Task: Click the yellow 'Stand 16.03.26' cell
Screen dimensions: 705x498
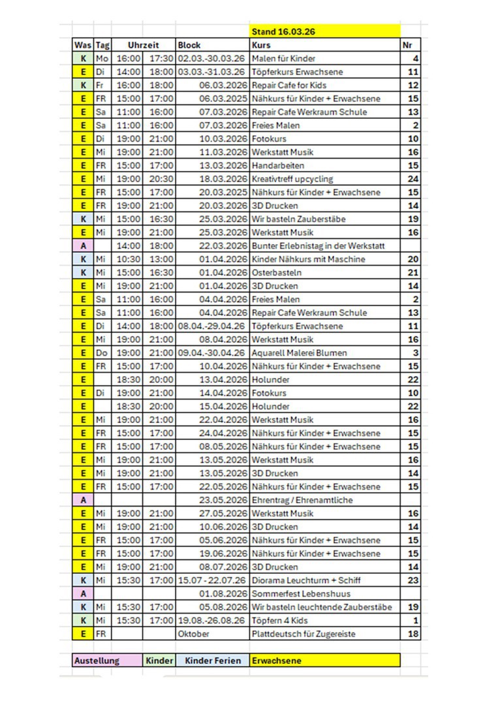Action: pyautogui.click(x=324, y=31)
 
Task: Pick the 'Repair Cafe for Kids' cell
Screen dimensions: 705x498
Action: pyautogui.click(x=288, y=86)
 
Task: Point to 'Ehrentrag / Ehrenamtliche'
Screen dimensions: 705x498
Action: pyautogui.click(x=302, y=500)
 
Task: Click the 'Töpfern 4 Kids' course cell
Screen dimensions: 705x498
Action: pyautogui.click(x=279, y=620)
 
